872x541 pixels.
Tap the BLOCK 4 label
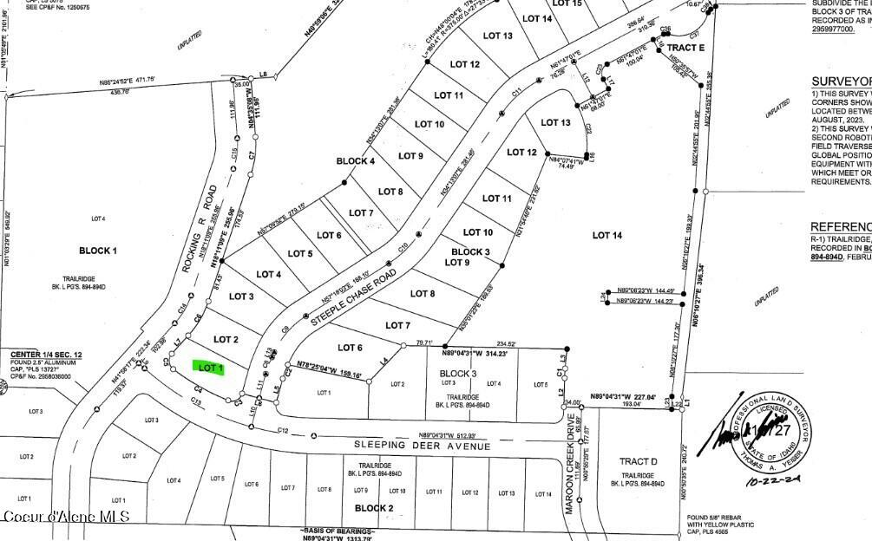356,161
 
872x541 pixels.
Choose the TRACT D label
638,461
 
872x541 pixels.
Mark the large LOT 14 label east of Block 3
607,235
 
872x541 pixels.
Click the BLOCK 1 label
98,251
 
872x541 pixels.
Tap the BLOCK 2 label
374,508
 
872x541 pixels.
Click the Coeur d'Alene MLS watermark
66,517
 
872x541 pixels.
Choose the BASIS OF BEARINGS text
338,531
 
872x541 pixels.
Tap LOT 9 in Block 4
410,156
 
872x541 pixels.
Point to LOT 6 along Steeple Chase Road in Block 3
349,348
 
